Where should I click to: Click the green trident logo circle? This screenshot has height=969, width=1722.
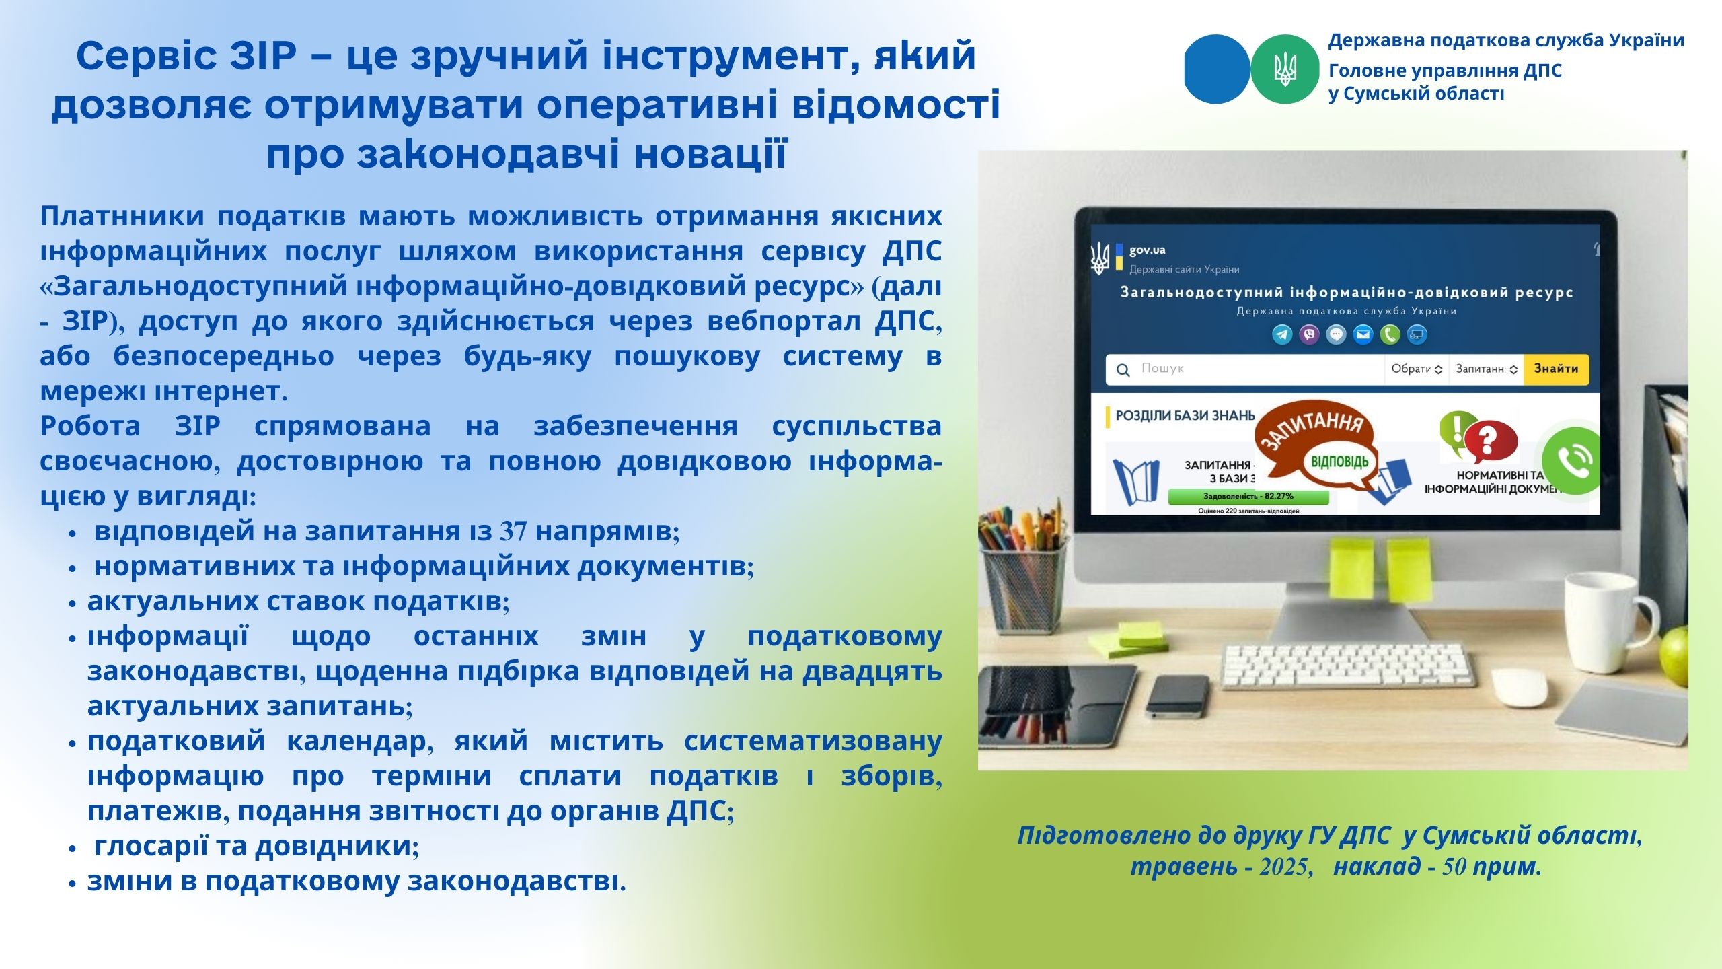[x=1285, y=69]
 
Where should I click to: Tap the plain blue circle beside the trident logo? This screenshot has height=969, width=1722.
[x=1217, y=69]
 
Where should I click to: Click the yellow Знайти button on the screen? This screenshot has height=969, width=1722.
[x=1556, y=369]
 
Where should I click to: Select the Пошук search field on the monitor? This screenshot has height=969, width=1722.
[x=1244, y=369]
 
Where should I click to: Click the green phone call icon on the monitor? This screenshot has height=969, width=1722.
[x=1571, y=461]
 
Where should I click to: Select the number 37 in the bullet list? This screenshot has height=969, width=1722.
[x=513, y=532]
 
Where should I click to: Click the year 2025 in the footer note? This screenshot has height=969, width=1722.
[x=1285, y=867]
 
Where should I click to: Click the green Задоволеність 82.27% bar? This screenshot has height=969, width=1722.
[x=1248, y=497]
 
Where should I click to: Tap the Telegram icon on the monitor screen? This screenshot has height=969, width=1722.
[x=1282, y=334]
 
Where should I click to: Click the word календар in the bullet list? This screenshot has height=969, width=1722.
[x=360, y=742]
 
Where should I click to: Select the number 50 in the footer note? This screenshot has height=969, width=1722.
[x=1454, y=867]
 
